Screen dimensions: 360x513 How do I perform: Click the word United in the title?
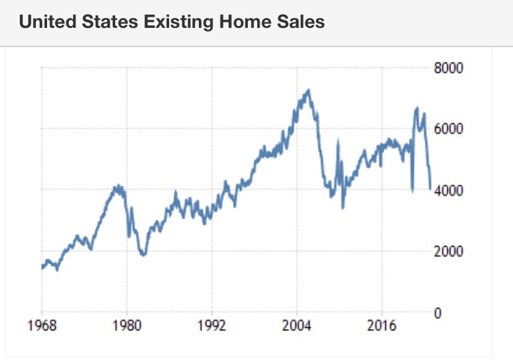pos(46,22)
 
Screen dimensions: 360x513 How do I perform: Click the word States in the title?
pos(105,22)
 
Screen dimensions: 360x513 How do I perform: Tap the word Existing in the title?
pos(169,22)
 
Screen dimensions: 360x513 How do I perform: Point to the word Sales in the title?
pos(297,22)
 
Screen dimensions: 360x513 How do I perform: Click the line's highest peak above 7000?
pos(308,90)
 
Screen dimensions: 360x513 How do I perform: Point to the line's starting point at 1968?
pos(42,268)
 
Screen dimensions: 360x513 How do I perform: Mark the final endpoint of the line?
pos(430,189)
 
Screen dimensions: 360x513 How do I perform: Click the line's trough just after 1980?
pos(143,255)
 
